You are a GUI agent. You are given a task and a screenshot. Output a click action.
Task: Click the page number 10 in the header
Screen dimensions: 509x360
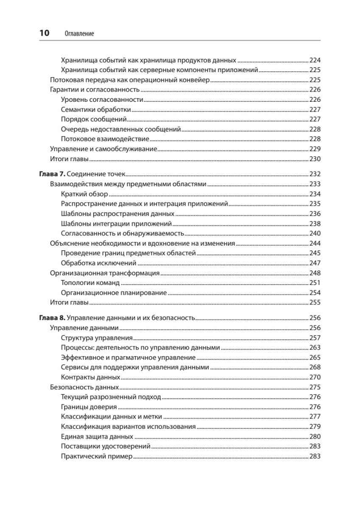pyautogui.click(x=45, y=33)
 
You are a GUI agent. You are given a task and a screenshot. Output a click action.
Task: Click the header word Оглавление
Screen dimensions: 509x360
pyautogui.click(x=79, y=33)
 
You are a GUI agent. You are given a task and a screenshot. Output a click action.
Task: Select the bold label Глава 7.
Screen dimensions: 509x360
pyautogui.click(x=52, y=174)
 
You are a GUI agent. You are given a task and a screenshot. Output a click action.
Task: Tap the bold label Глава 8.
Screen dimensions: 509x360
pyautogui.click(x=52, y=318)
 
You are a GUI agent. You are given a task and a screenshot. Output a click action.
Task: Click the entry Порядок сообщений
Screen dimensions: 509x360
pyautogui.click(x=94, y=120)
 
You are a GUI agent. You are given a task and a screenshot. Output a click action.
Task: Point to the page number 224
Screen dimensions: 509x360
pyautogui.click(x=315, y=60)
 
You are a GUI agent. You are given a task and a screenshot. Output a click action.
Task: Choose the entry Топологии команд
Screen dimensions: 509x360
pyautogui.click(x=90, y=283)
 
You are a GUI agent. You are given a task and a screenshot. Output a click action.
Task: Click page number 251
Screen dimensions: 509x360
pyautogui.click(x=315, y=283)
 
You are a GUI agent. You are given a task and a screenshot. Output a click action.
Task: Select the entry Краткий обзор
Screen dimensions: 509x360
pyautogui.click(x=84, y=194)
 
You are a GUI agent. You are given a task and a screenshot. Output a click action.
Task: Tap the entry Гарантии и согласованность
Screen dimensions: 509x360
pyautogui.click(x=95, y=90)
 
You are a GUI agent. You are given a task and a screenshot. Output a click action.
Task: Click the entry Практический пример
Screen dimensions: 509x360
pyautogui.click(x=97, y=456)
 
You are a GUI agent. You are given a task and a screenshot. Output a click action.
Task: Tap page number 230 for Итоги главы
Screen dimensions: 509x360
pyautogui.click(x=315, y=159)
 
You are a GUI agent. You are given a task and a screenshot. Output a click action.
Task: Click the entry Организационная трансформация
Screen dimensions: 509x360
pyautogui.click(x=105, y=273)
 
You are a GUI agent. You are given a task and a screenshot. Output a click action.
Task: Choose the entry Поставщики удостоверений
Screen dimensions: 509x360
pyautogui.click(x=106, y=447)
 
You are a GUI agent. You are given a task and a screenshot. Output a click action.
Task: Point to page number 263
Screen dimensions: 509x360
pyautogui.click(x=315, y=348)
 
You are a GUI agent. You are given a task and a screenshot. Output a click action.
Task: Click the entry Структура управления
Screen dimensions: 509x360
pyautogui.click(x=97, y=338)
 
